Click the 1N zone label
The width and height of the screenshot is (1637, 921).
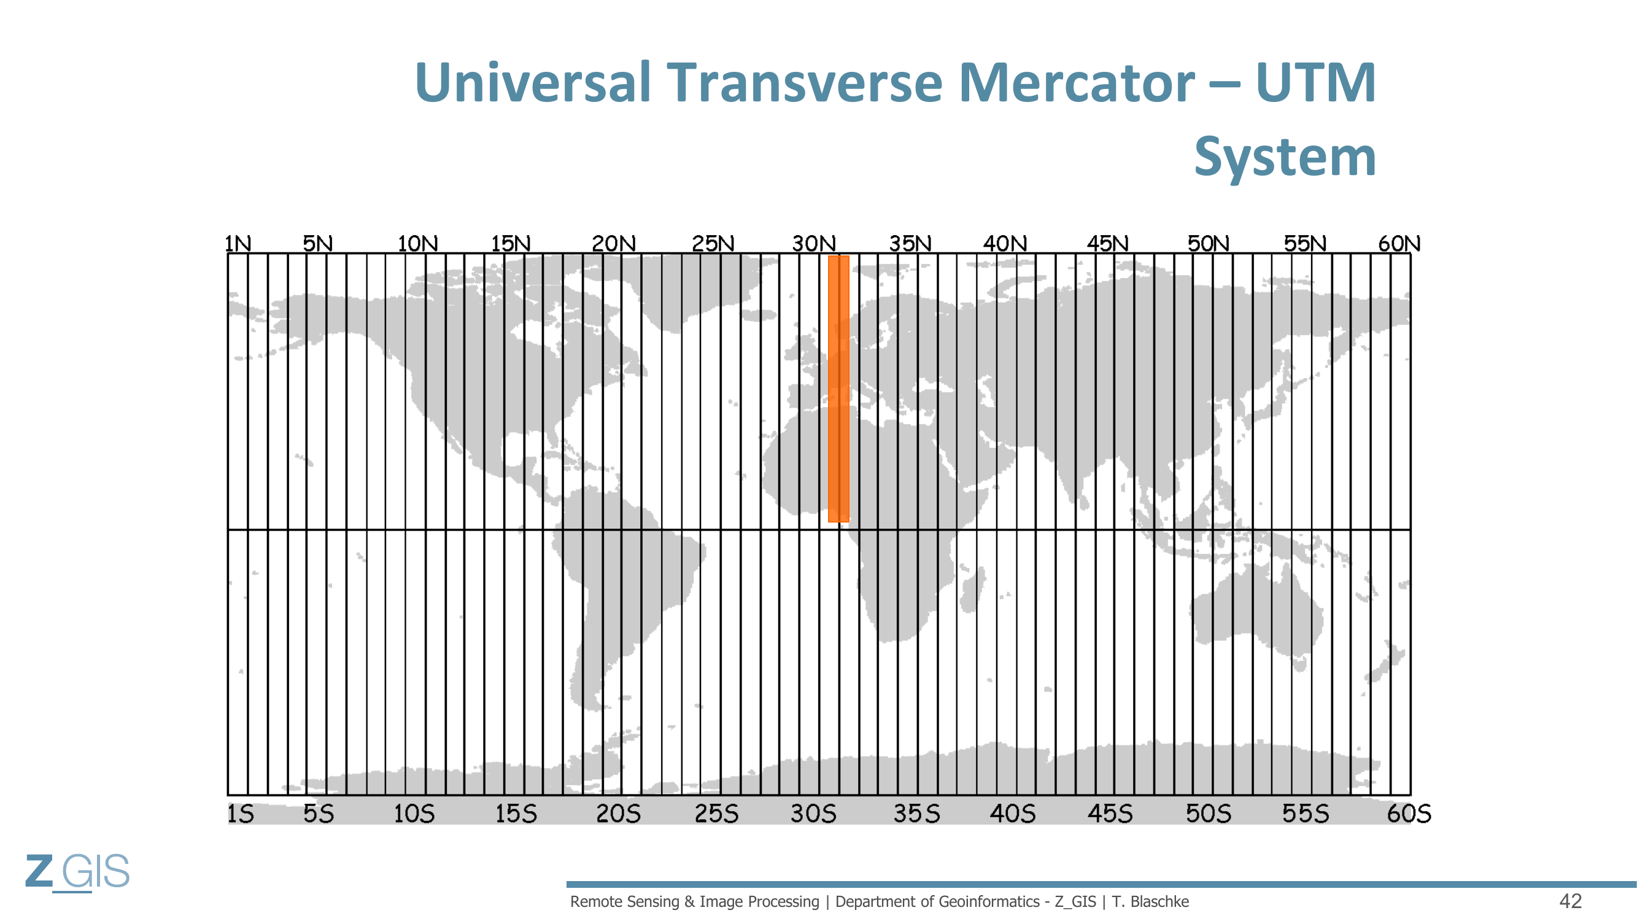[238, 243]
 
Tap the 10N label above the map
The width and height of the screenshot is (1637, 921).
[417, 243]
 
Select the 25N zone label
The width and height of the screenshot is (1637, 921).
[713, 243]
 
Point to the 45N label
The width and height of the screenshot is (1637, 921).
[1108, 243]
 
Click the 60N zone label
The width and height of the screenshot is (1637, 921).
[1399, 243]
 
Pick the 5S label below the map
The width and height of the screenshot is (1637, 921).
[319, 814]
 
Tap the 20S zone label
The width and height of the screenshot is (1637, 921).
[618, 814]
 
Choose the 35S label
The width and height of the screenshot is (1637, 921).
[916, 814]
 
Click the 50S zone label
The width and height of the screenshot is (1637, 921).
[1208, 814]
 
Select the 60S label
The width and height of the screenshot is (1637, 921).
[1409, 814]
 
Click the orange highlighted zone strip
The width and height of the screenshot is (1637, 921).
[839, 389]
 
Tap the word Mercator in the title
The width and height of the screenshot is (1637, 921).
[1077, 83]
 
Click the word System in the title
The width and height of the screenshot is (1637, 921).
[1285, 158]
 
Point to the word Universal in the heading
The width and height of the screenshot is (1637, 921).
[533, 83]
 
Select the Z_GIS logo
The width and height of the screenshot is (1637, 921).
[77, 872]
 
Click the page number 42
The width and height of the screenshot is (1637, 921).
[1570, 901]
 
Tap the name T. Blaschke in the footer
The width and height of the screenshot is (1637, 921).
[1150, 901]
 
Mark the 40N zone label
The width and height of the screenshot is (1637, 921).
[1005, 243]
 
